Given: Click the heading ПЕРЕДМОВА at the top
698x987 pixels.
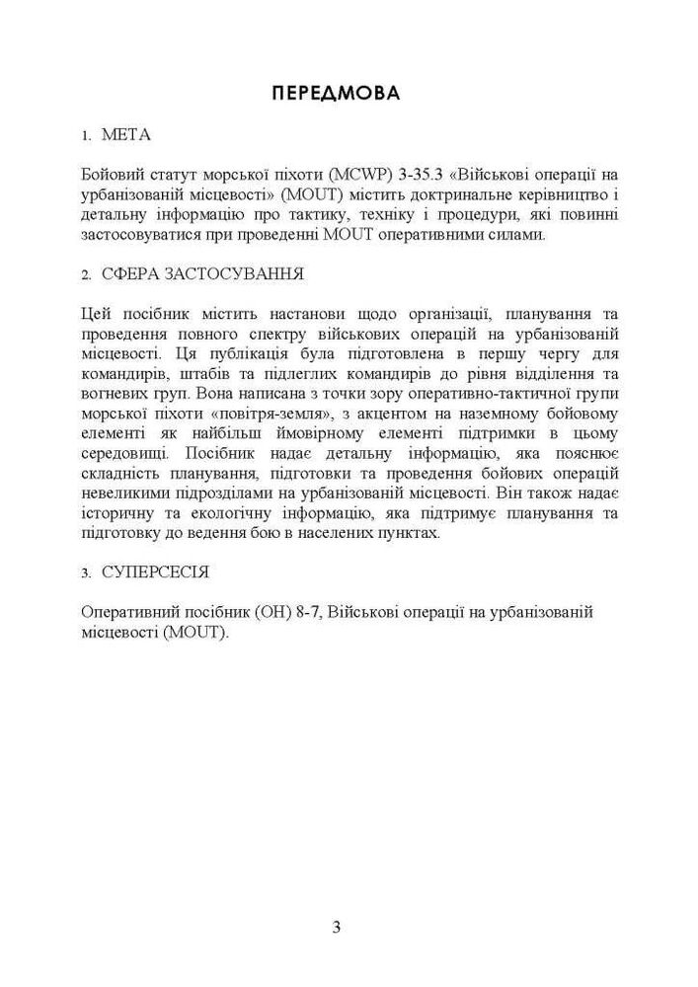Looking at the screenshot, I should click(336, 94).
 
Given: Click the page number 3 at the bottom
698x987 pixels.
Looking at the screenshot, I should click(337, 927).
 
